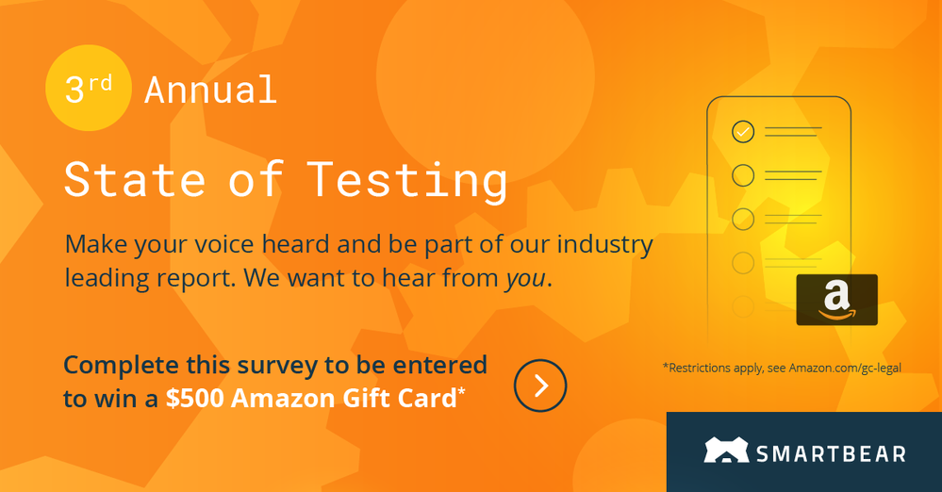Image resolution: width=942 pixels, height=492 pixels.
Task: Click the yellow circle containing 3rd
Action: [x=89, y=88]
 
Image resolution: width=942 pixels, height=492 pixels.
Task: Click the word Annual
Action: [x=210, y=90]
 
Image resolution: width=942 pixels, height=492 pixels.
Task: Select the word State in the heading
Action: [x=135, y=180]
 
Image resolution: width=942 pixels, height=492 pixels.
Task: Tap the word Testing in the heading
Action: [x=407, y=181]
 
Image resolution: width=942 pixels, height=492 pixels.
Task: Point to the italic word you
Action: [x=525, y=278]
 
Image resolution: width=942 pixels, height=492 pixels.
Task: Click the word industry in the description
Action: [x=604, y=244]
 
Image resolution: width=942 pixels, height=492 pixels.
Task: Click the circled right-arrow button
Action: [x=540, y=385]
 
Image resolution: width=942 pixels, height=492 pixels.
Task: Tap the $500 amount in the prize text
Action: [x=195, y=399]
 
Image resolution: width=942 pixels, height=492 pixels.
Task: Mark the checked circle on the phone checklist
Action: [x=743, y=131]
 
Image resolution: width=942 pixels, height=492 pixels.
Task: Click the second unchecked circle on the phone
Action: [x=743, y=219]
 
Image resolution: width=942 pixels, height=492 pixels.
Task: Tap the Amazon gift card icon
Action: [x=837, y=300]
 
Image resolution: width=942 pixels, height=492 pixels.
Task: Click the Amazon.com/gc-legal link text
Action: [x=845, y=368]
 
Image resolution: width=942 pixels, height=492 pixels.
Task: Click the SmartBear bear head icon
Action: [x=726, y=450]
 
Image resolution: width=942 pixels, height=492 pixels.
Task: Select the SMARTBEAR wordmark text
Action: [x=831, y=453]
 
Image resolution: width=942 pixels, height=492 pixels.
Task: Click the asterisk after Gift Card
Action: [x=461, y=391]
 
